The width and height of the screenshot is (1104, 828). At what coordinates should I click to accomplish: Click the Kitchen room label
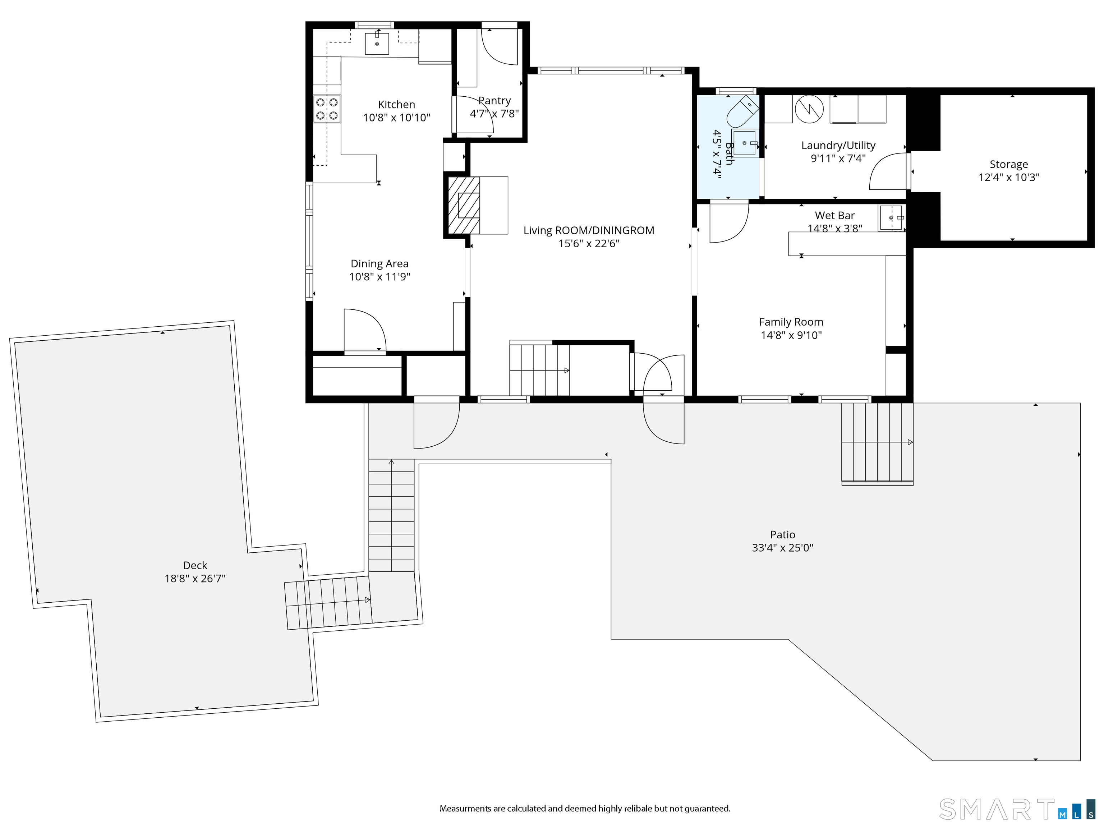[396, 104]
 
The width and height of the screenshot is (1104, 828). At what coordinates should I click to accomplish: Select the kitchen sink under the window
[377, 43]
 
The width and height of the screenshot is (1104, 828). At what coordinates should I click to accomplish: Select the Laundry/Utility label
[838, 145]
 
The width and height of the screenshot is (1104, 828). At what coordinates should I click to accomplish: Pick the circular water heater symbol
[809, 109]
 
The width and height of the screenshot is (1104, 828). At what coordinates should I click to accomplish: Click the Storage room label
[1009, 164]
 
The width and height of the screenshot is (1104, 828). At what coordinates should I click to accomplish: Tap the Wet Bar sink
[891, 218]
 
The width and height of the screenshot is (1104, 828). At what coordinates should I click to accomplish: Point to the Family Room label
[791, 322]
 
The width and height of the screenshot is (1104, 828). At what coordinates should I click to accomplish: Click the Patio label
[783, 534]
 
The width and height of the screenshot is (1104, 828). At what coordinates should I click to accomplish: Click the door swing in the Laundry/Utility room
[888, 171]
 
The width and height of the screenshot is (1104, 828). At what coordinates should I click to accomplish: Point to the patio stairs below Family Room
[877, 444]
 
